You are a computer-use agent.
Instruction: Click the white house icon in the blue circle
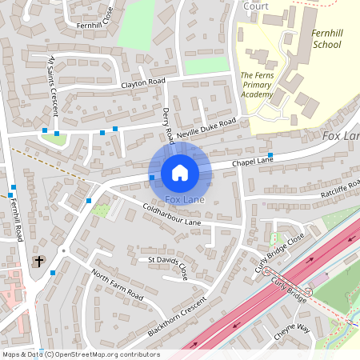[x=180, y=172]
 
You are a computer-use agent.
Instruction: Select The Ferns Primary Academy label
[x=257, y=85]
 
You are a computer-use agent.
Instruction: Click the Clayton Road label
[x=142, y=82]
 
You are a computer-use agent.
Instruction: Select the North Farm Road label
[x=117, y=286]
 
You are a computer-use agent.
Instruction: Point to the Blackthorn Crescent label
[x=178, y=316]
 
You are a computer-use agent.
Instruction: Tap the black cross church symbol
[x=38, y=261]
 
